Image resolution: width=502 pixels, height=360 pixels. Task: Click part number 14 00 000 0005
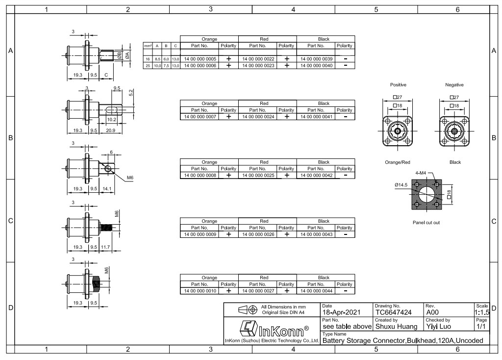(200, 59)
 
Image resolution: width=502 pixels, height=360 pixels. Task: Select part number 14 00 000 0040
(316, 66)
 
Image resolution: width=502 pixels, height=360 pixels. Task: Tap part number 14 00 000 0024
(258, 117)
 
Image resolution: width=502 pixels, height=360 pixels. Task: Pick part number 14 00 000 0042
(316, 176)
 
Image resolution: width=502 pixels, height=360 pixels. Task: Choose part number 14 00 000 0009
(200, 234)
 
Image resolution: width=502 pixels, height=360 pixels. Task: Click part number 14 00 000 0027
(258, 291)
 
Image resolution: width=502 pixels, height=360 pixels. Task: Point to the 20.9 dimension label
(110, 130)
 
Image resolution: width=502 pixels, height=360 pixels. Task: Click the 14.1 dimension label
(107, 189)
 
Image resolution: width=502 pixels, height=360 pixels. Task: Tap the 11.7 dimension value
(105, 247)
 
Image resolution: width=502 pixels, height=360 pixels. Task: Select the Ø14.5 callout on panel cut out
(401, 185)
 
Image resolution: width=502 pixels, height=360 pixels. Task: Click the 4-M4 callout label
(421, 173)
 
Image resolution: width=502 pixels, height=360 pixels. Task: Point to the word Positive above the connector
(398, 85)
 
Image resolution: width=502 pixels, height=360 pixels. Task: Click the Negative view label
(454, 85)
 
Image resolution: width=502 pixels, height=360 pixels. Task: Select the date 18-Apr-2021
(341, 312)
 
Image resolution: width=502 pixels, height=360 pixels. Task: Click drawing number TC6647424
(394, 312)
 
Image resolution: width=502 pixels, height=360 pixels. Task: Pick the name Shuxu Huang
(396, 327)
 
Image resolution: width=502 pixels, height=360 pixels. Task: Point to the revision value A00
(432, 312)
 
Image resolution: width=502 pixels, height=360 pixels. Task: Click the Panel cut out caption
(426, 223)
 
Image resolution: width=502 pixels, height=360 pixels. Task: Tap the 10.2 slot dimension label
(111, 120)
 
